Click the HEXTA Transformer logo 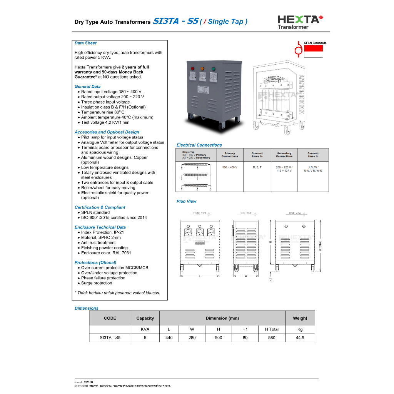coord(300,22)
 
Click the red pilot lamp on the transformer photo coord(192,69)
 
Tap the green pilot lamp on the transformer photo coord(213,69)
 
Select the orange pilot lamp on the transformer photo coord(202,69)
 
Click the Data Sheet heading coord(85,43)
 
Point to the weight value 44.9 coord(300,337)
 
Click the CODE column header coord(110,318)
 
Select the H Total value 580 coord(272,337)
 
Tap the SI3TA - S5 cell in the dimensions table coord(110,337)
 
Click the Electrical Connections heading coord(199,145)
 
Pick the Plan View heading coord(186,201)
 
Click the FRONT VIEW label coord(200,213)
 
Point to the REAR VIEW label coord(295,213)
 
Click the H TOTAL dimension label coord(320,246)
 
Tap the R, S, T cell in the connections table coord(257,167)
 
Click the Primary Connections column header coord(230,155)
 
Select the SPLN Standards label coord(315,43)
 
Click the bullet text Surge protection coord(97,283)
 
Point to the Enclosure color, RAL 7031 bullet coord(106,253)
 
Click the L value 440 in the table coord(169,337)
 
